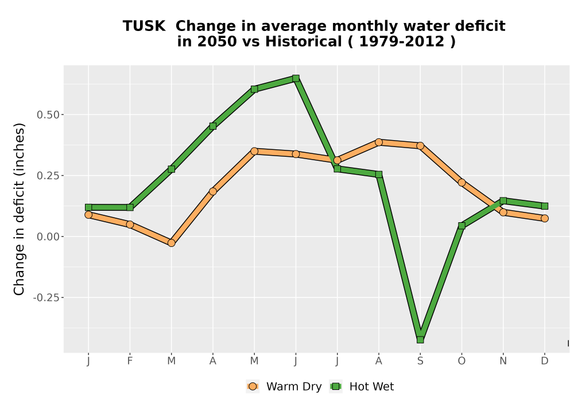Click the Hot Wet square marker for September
(x=420, y=340)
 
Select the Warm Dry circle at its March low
(x=171, y=243)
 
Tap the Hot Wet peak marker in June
(x=296, y=78)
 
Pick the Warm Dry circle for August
(x=379, y=142)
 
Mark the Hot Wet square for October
(x=461, y=226)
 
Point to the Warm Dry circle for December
(x=545, y=218)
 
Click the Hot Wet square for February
(x=130, y=207)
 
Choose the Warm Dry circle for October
(x=461, y=182)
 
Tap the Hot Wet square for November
(x=503, y=200)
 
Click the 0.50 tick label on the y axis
(x=48, y=115)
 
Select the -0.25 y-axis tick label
(x=46, y=297)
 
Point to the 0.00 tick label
(x=48, y=237)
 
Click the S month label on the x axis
(x=420, y=361)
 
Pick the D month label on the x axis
(x=545, y=361)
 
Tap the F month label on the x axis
(x=130, y=361)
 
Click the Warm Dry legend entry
(x=284, y=386)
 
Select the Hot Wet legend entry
(x=362, y=386)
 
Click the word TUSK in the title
(x=144, y=26)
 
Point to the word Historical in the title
(x=304, y=41)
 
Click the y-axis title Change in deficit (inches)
(x=19, y=209)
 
